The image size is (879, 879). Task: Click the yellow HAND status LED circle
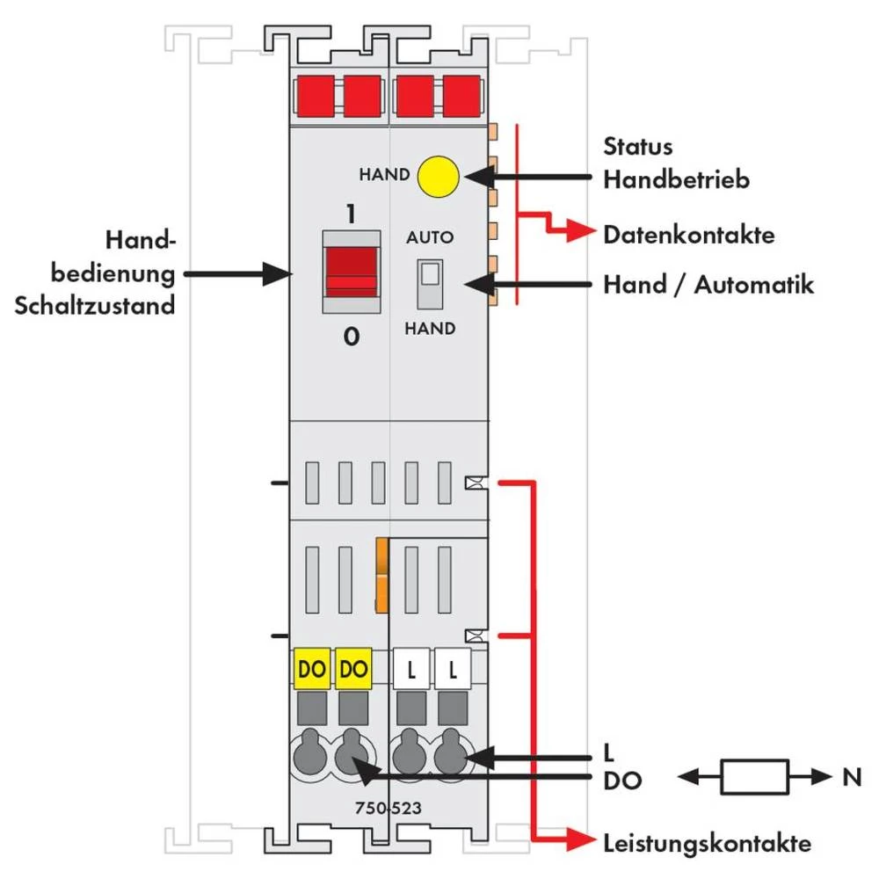point(439,176)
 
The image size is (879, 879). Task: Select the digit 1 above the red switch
point(351,214)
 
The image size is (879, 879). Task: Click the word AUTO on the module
point(430,238)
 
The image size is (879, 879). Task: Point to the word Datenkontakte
point(688,236)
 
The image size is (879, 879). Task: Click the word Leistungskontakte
point(707,844)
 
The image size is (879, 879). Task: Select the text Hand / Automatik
point(708,285)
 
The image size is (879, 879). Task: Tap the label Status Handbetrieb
point(675,163)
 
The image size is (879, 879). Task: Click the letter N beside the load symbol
point(847,777)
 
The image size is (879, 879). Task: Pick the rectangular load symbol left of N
point(753,777)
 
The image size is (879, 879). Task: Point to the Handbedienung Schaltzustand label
point(95,273)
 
